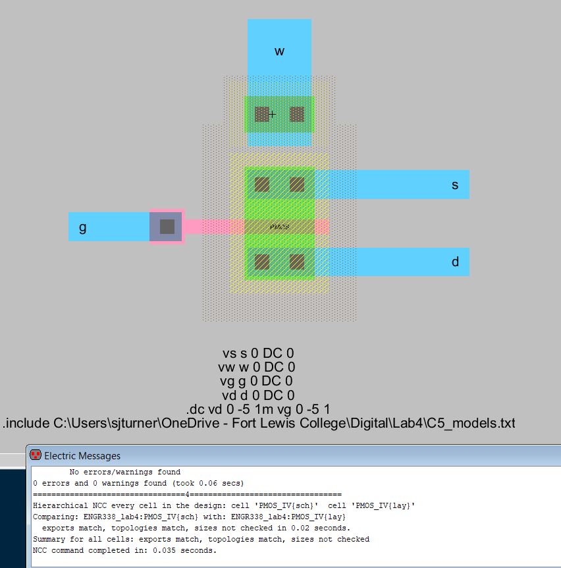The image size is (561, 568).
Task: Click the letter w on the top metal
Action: click(279, 51)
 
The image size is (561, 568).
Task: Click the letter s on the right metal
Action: click(455, 185)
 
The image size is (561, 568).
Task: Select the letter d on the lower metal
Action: click(455, 262)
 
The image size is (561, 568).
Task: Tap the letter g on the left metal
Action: click(82, 228)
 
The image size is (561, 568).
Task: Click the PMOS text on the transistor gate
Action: click(279, 227)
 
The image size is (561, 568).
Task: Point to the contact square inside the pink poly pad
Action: click(167, 227)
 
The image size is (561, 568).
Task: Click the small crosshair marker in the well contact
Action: click(272, 115)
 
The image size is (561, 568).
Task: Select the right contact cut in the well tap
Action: click(297, 115)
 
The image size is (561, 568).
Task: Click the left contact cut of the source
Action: click(261, 185)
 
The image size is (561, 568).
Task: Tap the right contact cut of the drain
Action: click(297, 262)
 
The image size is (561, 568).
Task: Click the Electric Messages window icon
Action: click(36, 455)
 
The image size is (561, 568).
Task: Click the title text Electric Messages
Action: click(82, 456)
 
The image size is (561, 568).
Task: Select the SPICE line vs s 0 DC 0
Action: click(258, 353)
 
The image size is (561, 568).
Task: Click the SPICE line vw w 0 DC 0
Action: click(257, 367)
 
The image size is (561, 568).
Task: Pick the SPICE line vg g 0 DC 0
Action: click(256, 381)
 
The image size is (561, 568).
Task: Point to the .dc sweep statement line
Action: click(258, 409)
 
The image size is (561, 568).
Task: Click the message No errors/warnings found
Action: click(125, 472)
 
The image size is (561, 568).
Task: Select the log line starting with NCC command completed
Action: click(124, 551)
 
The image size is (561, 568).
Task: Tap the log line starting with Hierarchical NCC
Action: click(224, 505)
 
